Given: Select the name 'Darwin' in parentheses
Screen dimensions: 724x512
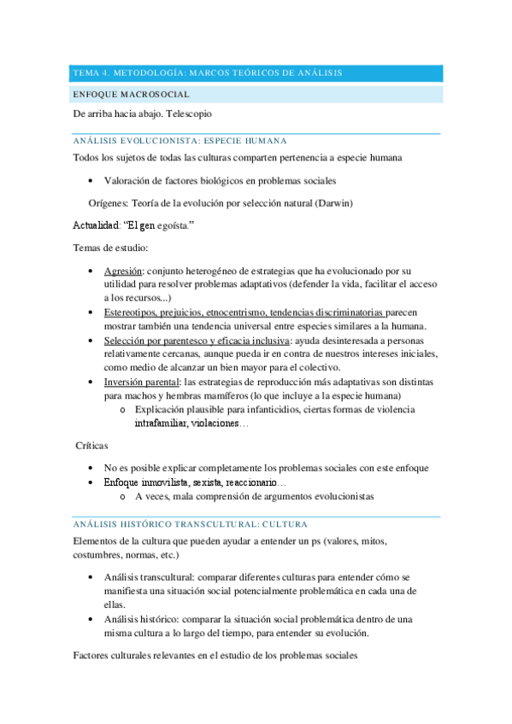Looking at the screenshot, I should pos(333,203).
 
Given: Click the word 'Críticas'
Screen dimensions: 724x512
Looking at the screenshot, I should pos(92,447).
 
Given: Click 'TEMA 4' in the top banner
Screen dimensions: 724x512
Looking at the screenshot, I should pos(89,73).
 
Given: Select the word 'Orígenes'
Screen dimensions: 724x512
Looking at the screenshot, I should pos(108,203).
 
